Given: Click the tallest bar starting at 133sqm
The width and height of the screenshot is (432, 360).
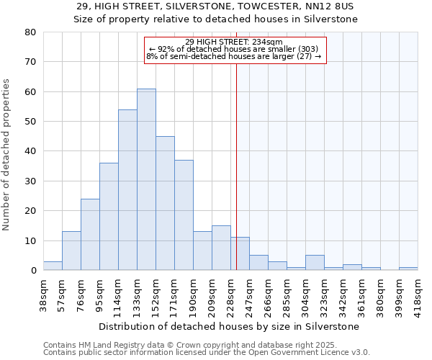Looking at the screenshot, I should (x=146, y=179).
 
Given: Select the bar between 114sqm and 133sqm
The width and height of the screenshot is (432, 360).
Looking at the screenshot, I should (x=127, y=190).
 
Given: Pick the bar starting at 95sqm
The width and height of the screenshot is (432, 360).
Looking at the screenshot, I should (x=109, y=217).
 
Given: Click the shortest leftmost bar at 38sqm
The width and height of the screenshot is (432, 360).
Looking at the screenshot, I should (x=53, y=266).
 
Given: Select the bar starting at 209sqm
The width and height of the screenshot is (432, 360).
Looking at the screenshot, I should (x=221, y=248).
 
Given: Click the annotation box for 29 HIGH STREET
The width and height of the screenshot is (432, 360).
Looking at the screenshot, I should (x=235, y=49).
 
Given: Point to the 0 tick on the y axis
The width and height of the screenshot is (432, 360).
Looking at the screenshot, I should (x=33, y=271).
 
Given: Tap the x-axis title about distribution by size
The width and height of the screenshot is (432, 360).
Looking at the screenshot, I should (x=229, y=326).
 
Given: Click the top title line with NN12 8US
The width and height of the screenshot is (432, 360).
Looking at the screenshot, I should (x=215, y=6).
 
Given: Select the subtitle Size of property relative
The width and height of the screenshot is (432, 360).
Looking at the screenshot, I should (x=215, y=19).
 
